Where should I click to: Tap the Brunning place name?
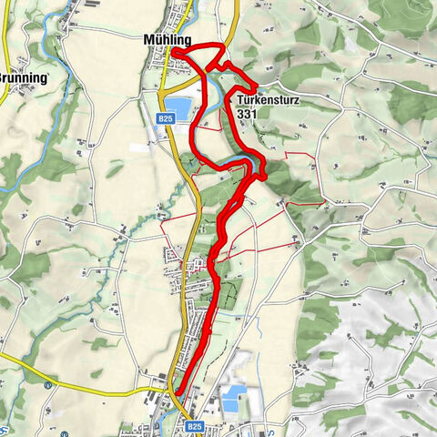pyautogui.click(x=25, y=77)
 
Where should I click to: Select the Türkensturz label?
pyautogui.click(x=270, y=101)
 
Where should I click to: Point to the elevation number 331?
pyautogui.click(x=246, y=116)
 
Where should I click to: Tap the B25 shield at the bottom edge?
pyautogui.click(x=194, y=425)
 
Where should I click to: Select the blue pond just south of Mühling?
pyautogui.click(x=181, y=109)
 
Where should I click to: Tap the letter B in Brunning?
pyautogui.click(x=3, y=77)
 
